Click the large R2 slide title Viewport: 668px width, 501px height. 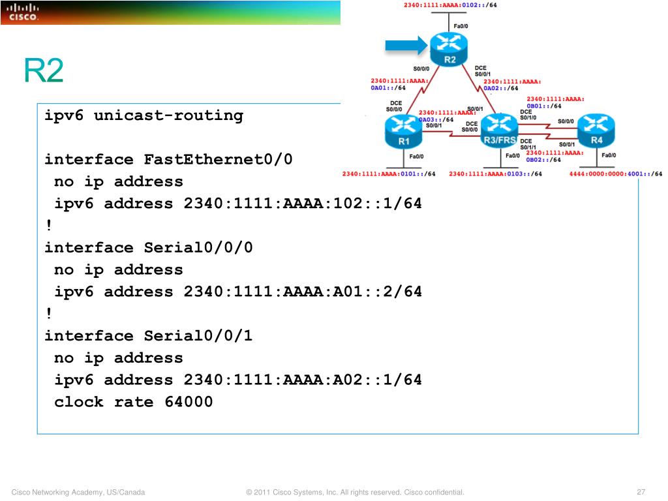click(44, 70)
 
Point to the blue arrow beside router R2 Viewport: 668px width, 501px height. click(404, 45)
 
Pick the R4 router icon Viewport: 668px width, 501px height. click(596, 129)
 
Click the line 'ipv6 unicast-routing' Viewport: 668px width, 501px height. click(144, 116)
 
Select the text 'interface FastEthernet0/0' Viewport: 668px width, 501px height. click(169, 160)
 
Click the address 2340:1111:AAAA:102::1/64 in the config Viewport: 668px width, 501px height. click(303, 204)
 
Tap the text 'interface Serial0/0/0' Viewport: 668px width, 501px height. click(148, 248)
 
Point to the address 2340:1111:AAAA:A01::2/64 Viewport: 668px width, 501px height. click(303, 292)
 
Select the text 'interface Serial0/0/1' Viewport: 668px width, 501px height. click(148, 336)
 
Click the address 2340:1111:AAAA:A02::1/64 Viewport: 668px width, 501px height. click(303, 380)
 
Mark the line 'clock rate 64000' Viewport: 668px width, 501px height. click(134, 402)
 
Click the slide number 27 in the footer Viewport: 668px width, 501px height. click(641, 492)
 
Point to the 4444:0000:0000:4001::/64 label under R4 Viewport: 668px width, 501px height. click(615, 174)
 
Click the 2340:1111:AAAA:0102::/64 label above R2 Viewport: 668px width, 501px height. click(449, 5)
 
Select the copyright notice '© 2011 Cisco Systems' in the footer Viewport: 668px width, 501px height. click(355, 492)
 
